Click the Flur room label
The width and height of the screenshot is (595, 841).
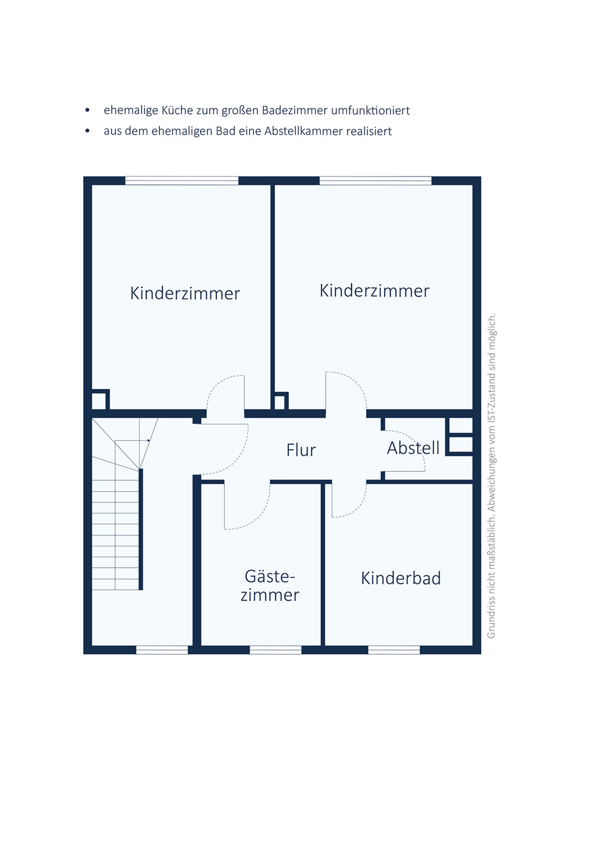point(301,450)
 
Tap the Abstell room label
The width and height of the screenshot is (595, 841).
point(413,447)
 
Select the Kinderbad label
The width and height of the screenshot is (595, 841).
point(401,578)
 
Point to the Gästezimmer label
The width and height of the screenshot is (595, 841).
point(270,586)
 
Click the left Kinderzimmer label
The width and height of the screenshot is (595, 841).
point(185,293)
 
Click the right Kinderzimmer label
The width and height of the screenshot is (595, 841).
point(375,290)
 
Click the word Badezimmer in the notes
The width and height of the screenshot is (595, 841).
point(295,110)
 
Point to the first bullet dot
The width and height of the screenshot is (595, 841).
point(87,110)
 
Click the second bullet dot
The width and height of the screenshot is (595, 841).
point(87,131)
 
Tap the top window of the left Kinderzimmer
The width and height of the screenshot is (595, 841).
point(182,181)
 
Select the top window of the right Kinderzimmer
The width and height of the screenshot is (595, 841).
point(376,181)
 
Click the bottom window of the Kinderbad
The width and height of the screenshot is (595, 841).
point(394,650)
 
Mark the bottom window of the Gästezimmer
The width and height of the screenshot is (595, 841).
point(276,650)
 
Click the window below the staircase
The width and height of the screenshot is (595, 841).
point(162,650)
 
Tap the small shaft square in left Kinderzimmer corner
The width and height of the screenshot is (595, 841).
point(100,400)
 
